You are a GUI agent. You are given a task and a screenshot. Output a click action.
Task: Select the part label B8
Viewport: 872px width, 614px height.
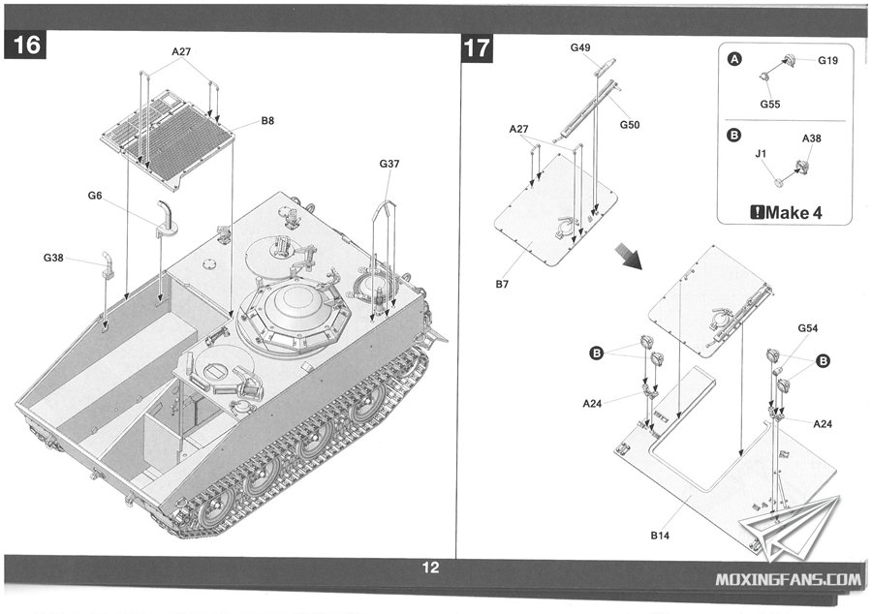[267, 122]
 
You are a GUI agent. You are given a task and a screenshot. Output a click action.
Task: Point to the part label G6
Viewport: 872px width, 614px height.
[95, 196]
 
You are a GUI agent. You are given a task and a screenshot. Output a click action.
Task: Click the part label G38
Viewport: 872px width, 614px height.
[53, 258]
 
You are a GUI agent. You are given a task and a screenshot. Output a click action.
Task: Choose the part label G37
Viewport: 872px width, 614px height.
[389, 164]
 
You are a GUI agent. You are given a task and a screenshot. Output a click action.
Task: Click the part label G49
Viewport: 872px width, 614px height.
[580, 47]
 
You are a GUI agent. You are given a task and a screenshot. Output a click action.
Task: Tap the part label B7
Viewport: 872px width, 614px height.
[501, 284]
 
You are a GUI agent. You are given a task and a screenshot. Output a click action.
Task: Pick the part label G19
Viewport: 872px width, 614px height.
[827, 60]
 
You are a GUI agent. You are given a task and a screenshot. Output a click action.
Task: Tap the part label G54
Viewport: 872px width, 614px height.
[809, 329]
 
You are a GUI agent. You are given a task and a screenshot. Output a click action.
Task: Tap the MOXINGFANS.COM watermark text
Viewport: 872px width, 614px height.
[787, 580]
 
